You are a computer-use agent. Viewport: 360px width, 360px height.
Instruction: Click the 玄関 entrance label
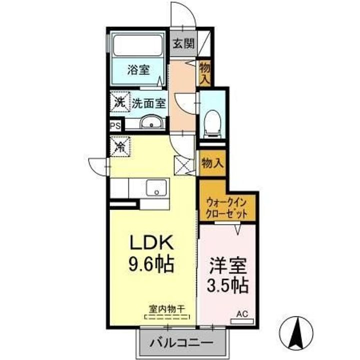(184, 43)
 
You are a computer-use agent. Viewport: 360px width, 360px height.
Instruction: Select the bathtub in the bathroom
(137, 45)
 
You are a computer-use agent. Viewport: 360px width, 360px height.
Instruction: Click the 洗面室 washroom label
(148, 103)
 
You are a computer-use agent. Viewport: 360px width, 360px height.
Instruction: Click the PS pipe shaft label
(115, 125)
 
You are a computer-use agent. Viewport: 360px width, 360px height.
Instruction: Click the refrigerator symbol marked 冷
(120, 147)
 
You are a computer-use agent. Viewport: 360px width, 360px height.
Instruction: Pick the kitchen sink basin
(157, 188)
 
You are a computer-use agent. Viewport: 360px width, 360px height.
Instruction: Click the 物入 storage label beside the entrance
(205, 72)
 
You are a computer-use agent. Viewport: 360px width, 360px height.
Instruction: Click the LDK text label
(151, 243)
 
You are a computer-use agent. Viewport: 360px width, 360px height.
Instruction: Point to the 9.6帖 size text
(151, 264)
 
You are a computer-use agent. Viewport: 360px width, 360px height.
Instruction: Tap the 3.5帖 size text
(228, 285)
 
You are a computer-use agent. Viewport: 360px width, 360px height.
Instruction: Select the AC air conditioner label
(241, 314)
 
